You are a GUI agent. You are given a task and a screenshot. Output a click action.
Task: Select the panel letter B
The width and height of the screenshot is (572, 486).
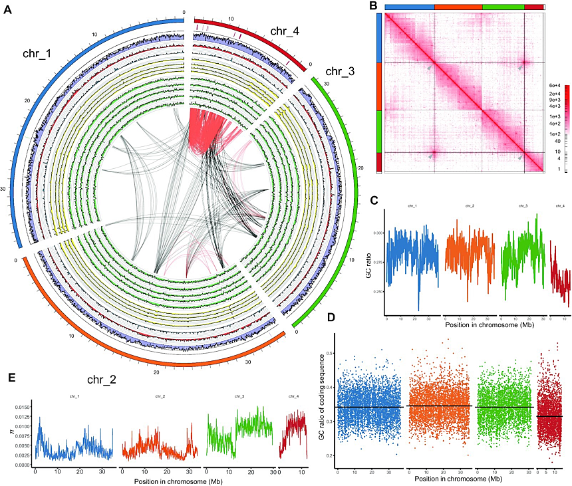click(373, 6)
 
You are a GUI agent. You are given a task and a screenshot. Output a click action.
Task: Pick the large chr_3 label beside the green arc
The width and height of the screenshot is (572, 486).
click(339, 71)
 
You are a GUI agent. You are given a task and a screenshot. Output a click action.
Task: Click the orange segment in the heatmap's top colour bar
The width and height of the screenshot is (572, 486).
click(458, 5)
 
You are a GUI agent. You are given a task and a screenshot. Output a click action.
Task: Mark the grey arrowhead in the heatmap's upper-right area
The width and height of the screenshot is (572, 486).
click(519, 68)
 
